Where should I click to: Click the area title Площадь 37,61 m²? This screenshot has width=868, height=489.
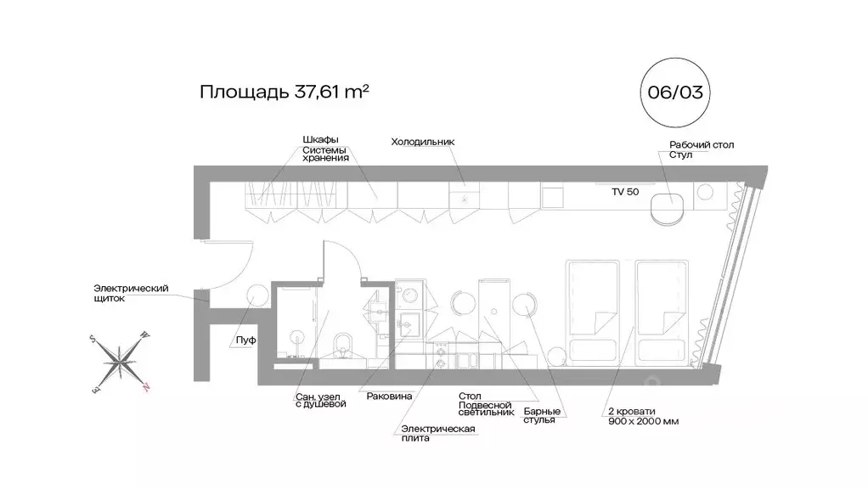click(284, 92)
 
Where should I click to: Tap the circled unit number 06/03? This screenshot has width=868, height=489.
click(675, 92)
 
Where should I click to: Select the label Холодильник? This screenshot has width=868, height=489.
click(423, 142)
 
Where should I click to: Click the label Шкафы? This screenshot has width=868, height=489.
click(320, 140)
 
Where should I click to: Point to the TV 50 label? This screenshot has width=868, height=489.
click(625, 192)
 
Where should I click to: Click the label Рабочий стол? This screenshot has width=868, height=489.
click(702, 145)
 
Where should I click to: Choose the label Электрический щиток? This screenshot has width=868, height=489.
click(131, 294)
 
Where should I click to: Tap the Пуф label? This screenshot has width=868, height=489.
click(246, 340)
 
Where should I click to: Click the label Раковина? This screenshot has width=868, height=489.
click(389, 396)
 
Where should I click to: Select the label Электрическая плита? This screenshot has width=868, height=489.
click(437, 433)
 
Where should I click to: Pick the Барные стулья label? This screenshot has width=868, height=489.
click(542, 415)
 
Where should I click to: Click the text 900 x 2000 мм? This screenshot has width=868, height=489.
click(642, 422)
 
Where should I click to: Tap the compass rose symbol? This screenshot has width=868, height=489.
click(121, 360)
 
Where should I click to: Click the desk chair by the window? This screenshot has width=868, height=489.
click(668, 206)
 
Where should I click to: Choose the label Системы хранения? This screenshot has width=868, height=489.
click(326, 155)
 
